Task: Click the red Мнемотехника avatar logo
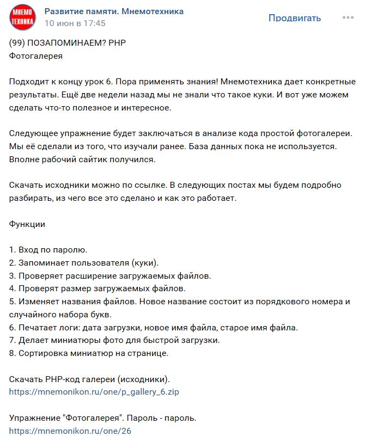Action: (x=22, y=17)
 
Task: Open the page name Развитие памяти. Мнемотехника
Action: (x=114, y=11)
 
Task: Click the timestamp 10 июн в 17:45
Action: (x=75, y=23)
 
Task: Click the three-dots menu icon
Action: (x=348, y=18)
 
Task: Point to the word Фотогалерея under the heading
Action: (x=36, y=56)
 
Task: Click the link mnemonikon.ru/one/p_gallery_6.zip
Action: (x=94, y=391)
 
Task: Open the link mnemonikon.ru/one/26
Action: (x=70, y=431)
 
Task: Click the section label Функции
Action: (x=27, y=224)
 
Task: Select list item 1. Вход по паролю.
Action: (x=48, y=250)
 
